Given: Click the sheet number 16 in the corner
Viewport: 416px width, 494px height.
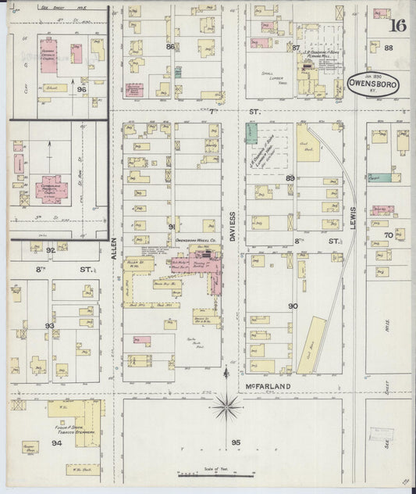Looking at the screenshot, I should coord(398,25).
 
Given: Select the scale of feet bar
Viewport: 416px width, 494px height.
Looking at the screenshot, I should coord(203,472).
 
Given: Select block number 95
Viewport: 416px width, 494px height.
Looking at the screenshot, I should coord(236,443).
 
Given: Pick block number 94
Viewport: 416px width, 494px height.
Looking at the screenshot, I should coord(56,442).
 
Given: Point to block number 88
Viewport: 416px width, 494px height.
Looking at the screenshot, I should coord(389,48).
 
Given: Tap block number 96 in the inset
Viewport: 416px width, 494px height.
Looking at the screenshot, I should coord(82,90).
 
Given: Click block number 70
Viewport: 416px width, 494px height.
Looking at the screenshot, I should coord(388,234).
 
